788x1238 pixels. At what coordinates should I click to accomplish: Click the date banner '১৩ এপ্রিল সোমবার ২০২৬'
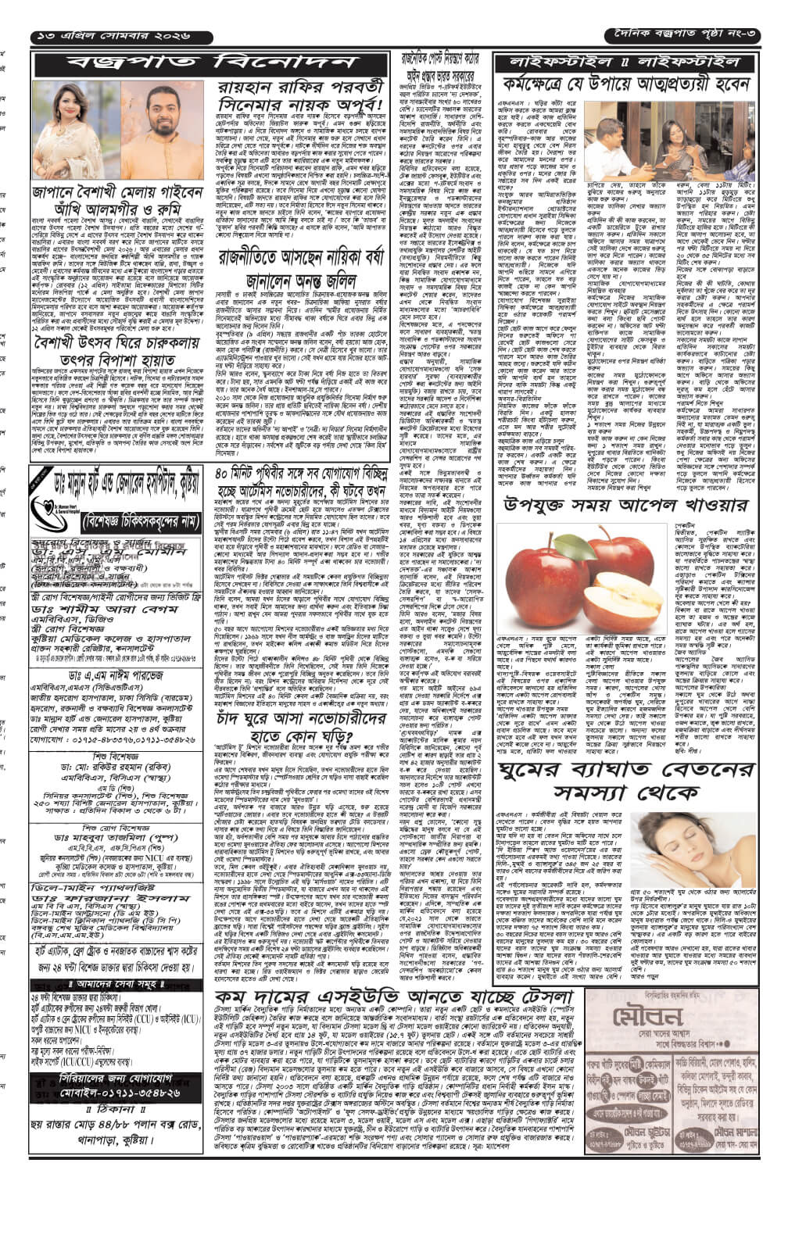pos(121,37)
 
